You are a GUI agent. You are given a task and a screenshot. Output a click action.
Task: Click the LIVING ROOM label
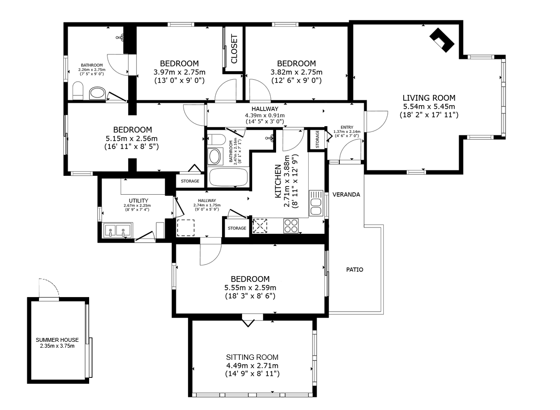tap(429, 98)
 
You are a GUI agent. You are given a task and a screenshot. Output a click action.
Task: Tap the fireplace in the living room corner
tap(442, 40)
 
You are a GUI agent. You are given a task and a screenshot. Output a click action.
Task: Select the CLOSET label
tap(234, 49)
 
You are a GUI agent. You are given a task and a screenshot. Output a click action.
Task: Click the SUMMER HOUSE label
tap(57, 340)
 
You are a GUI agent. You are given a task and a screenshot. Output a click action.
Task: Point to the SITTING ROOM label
tap(252, 357)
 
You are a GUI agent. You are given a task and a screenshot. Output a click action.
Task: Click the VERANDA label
tap(346, 195)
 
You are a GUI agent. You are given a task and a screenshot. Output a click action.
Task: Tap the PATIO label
tap(355, 270)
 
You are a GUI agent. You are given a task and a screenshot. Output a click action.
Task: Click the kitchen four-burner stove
tap(291, 225)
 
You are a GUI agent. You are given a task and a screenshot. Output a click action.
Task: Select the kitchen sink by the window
tap(316, 203)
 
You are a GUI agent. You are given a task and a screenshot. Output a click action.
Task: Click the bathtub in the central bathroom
tap(228, 178)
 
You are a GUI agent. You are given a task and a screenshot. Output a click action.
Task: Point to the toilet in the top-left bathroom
tap(78, 91)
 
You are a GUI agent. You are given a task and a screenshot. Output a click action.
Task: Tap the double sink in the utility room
tap(118, 230)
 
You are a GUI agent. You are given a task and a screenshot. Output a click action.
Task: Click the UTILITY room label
tap(139, 201)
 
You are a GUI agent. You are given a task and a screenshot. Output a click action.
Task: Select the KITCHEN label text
tap(278, 181)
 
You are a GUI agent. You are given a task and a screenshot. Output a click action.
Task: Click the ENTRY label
tap(347, 128)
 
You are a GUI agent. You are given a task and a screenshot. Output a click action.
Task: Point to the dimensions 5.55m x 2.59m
tap(250, 287)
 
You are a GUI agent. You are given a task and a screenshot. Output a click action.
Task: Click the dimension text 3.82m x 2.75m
tap(297, 72)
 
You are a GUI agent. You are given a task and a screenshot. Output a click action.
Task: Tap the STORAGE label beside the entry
tap(317, 139)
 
